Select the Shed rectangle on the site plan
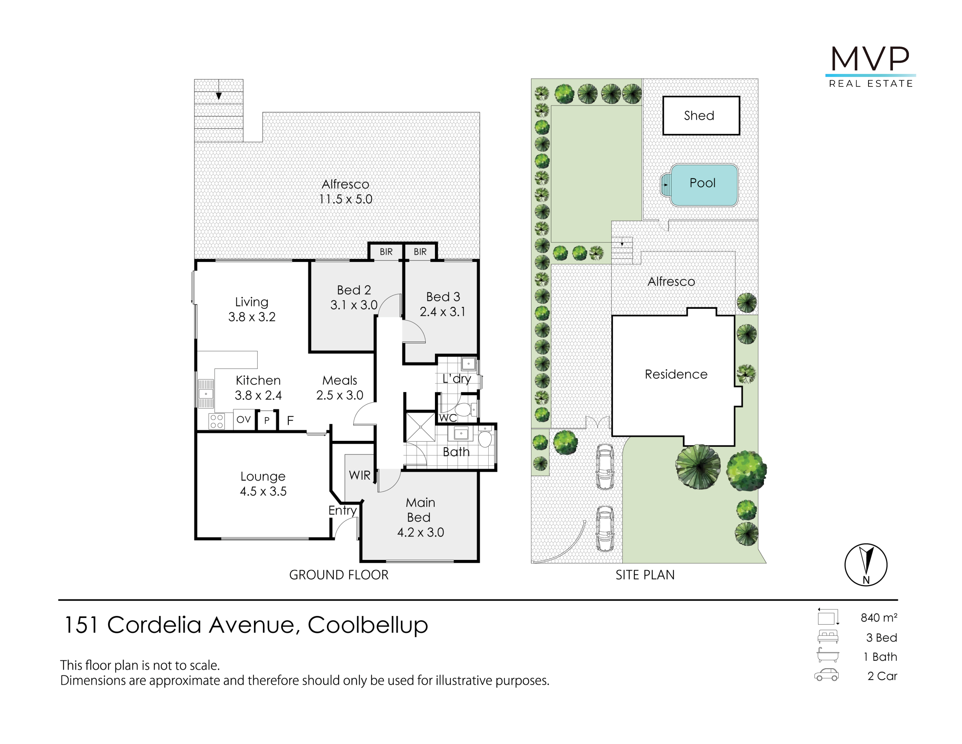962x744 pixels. coord(701,116)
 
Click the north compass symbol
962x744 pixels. coord(866,565)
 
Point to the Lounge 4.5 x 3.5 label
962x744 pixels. coord(263,483)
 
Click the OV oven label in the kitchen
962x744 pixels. coord(244,420)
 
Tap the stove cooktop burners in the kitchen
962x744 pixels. coord(217,421)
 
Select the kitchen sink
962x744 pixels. coord(205,394)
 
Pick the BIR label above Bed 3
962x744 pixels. coord(420,252)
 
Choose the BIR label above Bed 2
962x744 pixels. coord(386,252)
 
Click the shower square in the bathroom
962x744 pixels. coord(420,427)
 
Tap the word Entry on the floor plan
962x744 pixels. coord(342,510)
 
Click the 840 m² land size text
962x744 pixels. coord(879,617)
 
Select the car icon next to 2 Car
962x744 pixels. coord(826,675)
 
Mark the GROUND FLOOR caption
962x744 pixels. coord(339,575)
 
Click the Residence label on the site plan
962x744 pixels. coord(676,374)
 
